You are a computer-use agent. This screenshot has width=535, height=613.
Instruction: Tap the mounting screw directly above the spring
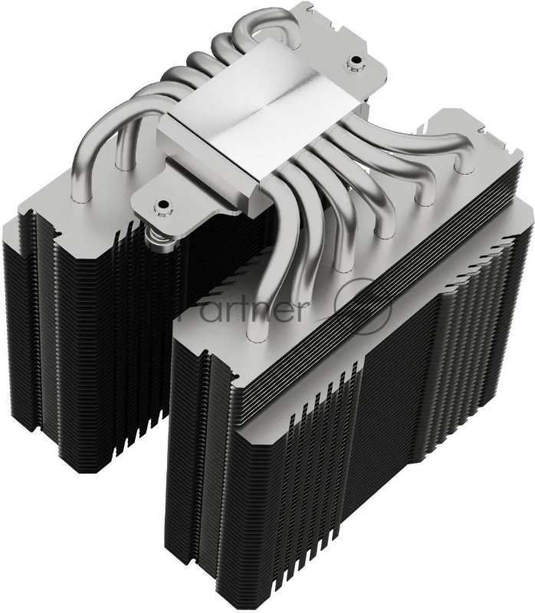pos(162,205)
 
